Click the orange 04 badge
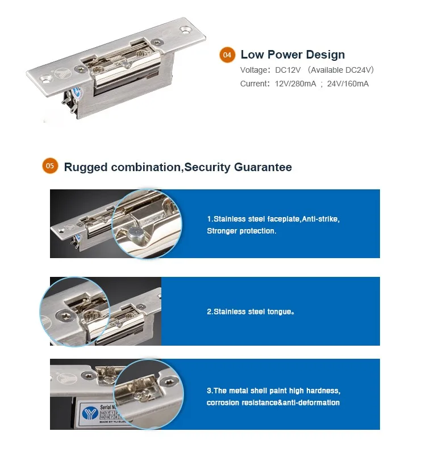pos(227,55)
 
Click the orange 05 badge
pos(50,166)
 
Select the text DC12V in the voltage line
pos(288,70)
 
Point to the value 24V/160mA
pos(348,84)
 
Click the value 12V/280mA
pos(295,84)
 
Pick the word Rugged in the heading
pos(86,168)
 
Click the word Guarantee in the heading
pos(262,167)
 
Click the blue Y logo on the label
pos(90,414)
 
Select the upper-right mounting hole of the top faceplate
pos(186,30)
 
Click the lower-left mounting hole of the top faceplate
pos(45,78)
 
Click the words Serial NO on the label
pos(108,407)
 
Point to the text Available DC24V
pos(341,70)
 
